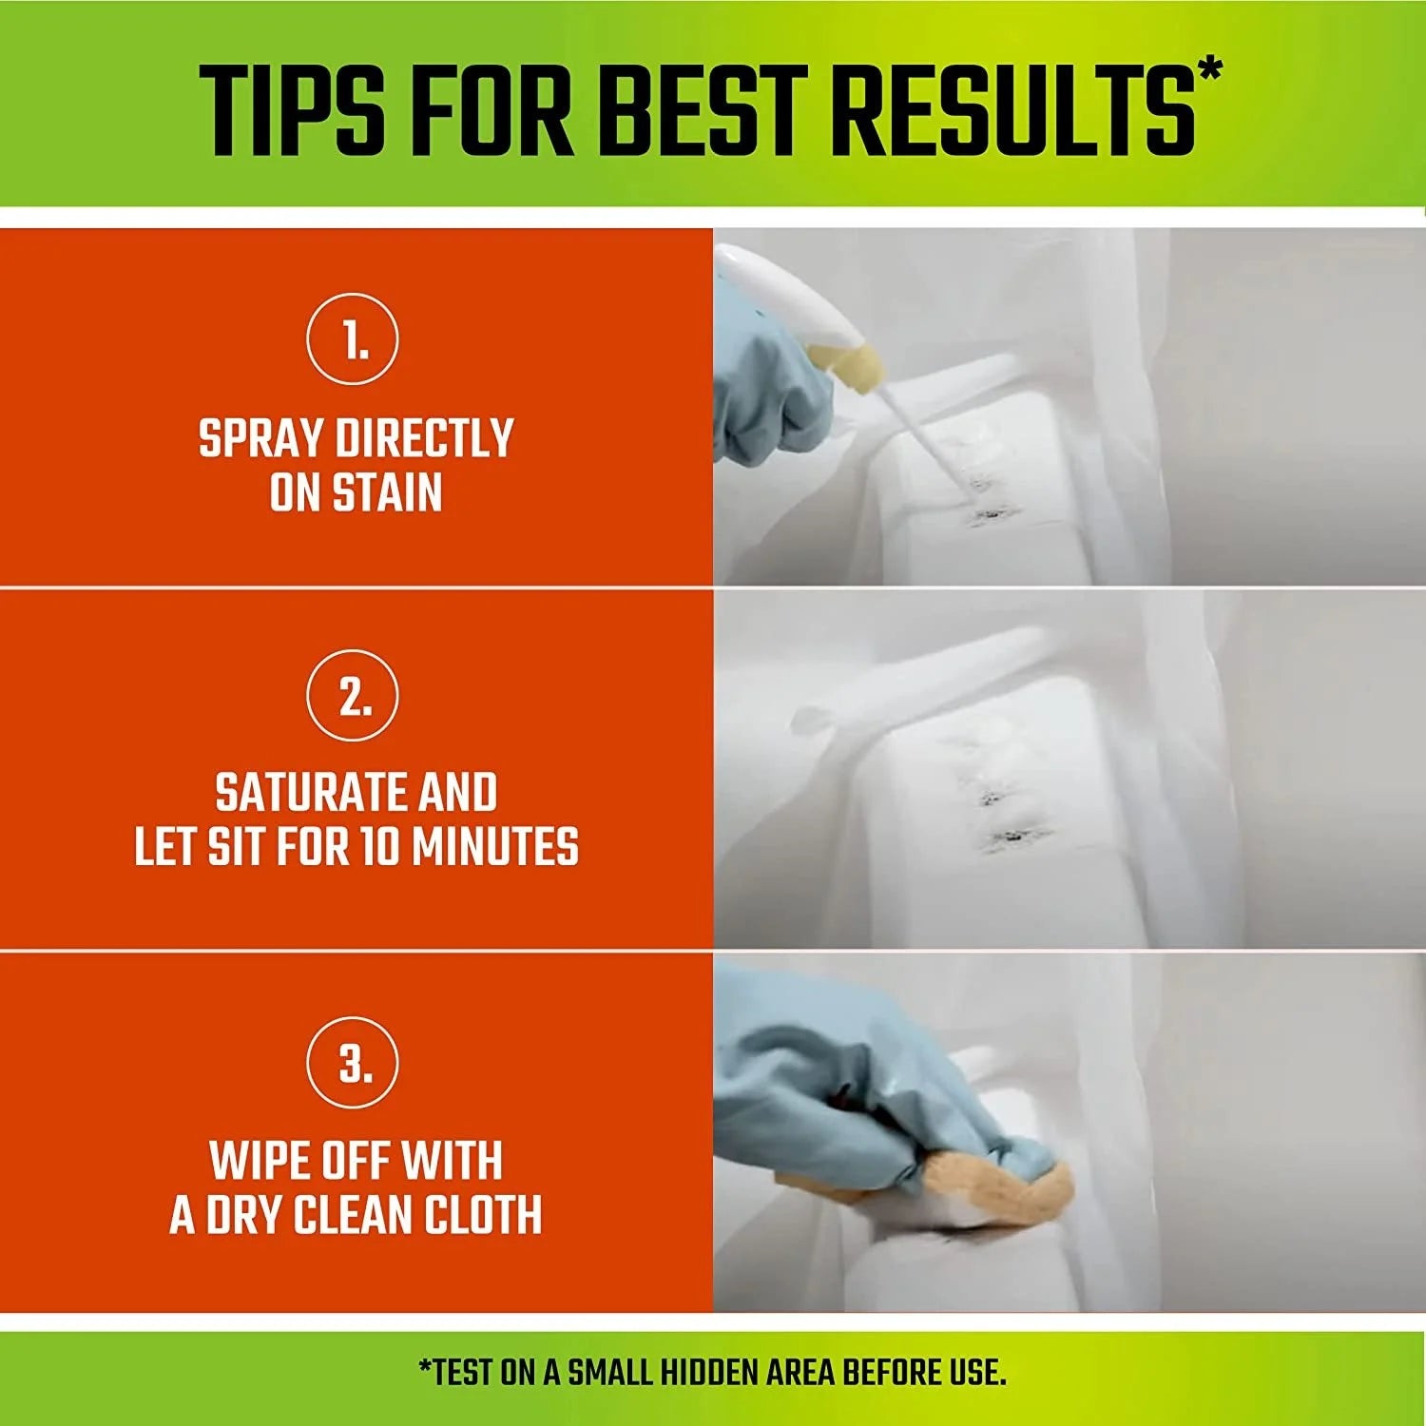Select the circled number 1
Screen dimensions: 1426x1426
(x=353, y=339)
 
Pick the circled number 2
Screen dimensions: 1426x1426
(x=353, y=696)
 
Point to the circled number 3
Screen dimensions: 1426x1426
(x=353, y=1062)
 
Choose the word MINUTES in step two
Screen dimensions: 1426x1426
(x=495, y=847)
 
